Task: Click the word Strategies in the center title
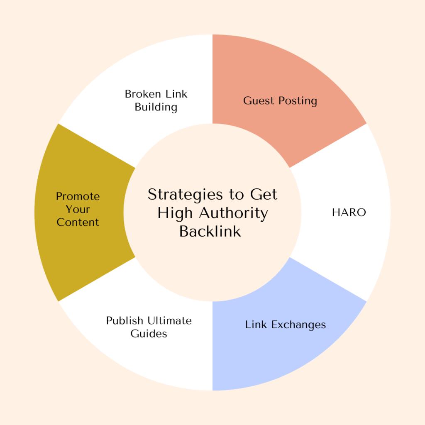coord(185,195)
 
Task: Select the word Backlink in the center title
coord(210,232)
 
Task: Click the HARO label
coord(349,212)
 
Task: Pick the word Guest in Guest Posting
coord(259,100)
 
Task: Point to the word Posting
coord(298,101)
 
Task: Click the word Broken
coord(143,94)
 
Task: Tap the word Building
coord(156,107)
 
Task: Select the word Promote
coord(78,196)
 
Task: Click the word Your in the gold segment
coord(78,209)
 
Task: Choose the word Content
coord(78,222)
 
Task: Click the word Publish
coord(125,320)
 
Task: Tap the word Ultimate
coord(170,320)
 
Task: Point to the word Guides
coord(149,334)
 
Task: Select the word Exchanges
coord(298,325)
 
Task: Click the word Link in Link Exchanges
coord(256,325)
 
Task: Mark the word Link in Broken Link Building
coord(176,94)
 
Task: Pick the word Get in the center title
coord(264,194)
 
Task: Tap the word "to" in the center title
coord(236,195)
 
